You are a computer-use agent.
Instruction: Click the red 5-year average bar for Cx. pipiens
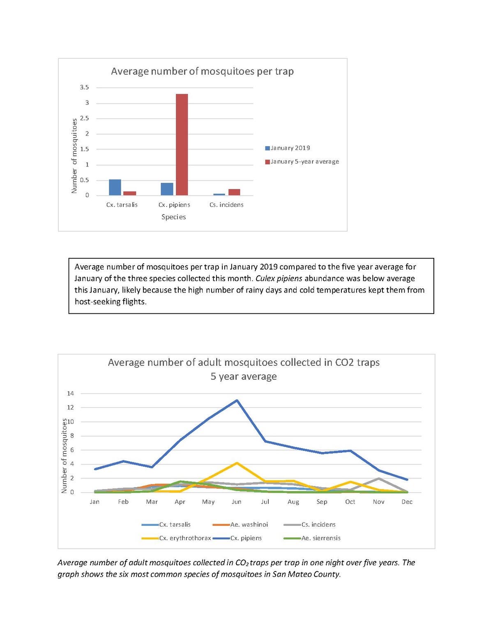coord(182,145)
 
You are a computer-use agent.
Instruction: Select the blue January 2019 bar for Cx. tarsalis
coord(115,187)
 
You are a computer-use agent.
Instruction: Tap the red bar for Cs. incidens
coord(234,192)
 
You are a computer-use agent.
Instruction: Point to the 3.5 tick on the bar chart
coord(84,88)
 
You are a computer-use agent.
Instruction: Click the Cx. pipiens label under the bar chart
coord(174,205)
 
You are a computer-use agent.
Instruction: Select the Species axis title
coord(173,217)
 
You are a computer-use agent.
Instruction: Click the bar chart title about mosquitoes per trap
coord(202,71)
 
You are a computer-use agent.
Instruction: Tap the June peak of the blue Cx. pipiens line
coord(237,400)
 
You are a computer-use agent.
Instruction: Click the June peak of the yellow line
coord(237,463)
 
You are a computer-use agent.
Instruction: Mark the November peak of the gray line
coord(378,478)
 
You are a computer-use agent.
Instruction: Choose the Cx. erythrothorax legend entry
coord(185,538)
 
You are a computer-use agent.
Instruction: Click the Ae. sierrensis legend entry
coord(321,538)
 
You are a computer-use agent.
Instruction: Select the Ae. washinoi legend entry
coord(249,525)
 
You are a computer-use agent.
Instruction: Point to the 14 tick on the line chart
coord(71,394)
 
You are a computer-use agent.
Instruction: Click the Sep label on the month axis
coord(322,502)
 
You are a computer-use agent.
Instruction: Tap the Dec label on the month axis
coord(407,502)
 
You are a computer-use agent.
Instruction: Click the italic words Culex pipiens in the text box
coord(279,279)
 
